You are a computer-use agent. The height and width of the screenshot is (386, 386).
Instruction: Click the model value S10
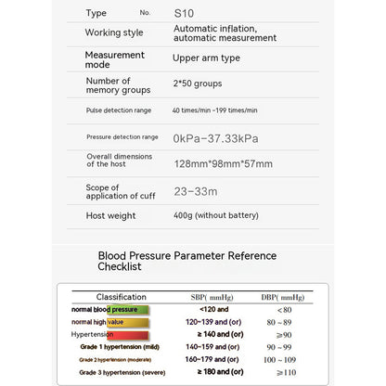184,13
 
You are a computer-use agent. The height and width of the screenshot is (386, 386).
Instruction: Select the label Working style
114,32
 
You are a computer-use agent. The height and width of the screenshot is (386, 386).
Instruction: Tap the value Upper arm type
207,58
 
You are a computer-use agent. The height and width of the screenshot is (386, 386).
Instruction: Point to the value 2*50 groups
199,84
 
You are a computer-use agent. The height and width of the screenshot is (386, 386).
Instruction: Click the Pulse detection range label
118,110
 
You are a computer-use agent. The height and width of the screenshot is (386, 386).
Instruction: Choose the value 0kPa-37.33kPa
215,137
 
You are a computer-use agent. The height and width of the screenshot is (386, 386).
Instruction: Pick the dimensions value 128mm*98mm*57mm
223,164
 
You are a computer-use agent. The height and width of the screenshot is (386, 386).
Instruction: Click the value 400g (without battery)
216,215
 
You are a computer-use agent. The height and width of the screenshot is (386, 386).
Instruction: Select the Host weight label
111,215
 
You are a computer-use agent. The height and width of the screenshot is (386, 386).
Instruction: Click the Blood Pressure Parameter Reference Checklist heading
187,261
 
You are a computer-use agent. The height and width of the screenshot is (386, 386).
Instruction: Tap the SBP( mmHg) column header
212,297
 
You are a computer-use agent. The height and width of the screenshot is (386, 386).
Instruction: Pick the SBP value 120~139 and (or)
214,322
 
